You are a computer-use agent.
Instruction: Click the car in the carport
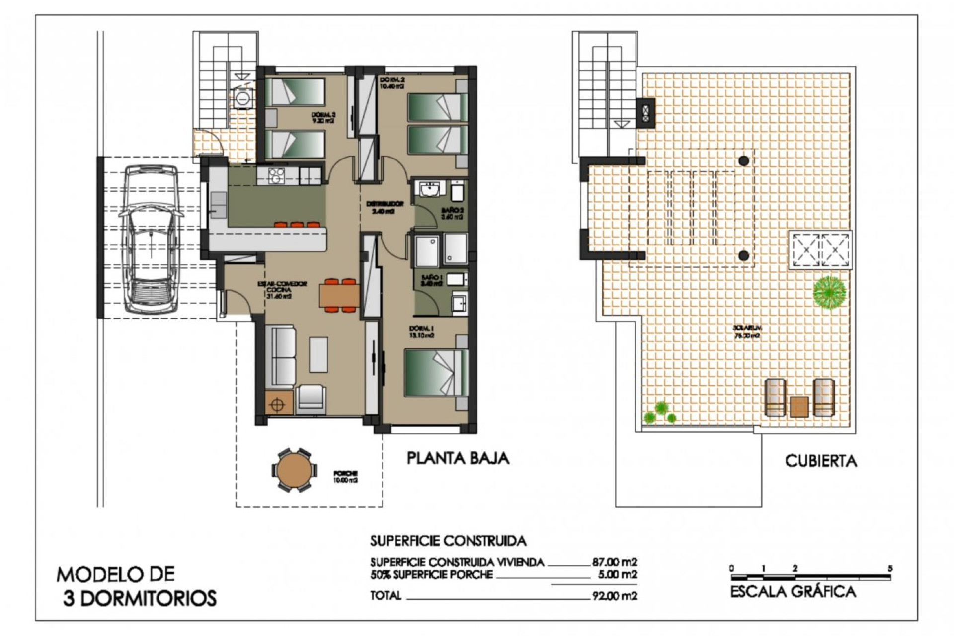click(x=151, y=239)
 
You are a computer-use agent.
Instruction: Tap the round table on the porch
click(x=294, y=470)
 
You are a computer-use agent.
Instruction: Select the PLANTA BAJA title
click(x=458, y=458)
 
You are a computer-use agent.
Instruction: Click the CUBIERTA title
click(x=820, y=461)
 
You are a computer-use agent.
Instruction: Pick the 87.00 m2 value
click(x=614, y=562)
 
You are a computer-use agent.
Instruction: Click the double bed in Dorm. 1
click(x=436, y=373)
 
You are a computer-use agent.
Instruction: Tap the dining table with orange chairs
click(x=339, y=296)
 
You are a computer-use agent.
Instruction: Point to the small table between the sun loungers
click(x=799, y=406)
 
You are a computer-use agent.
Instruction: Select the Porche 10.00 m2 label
click(x=346, y=477)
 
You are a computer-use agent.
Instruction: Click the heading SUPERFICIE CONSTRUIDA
click(x=448, y=541)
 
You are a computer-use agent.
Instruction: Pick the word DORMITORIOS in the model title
click(x=148, y=598)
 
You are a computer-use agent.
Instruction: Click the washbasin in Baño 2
click(x=429, y=189)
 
